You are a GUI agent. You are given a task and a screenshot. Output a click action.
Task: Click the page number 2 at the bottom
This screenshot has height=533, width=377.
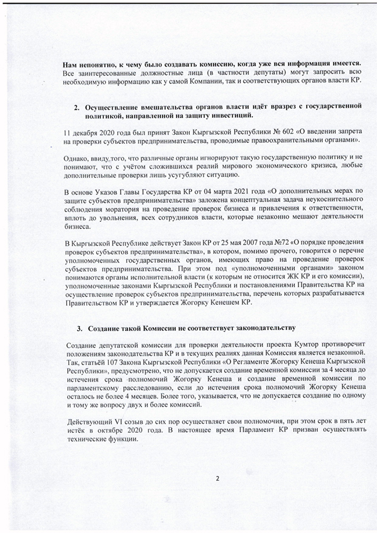pos(217,478)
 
